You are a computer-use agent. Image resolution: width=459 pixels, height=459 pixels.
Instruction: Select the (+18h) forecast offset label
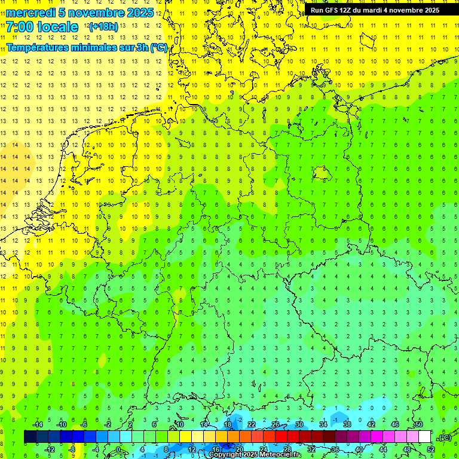103,27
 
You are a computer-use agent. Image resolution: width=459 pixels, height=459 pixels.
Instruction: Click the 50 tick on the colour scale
419,424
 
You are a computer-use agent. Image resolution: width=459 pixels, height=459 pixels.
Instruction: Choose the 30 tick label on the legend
299,424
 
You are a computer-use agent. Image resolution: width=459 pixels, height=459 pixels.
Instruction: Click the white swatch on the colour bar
425,437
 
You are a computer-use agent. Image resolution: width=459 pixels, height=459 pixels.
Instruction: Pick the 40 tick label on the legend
359,449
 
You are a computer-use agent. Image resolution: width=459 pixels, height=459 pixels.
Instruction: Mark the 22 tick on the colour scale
252,424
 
